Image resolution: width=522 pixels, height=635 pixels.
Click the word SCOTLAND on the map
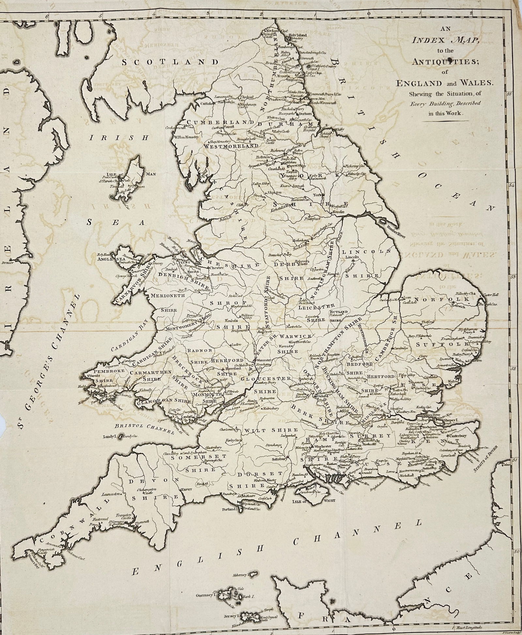point(170,62)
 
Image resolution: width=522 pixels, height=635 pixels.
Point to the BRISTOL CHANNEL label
point(145,429)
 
